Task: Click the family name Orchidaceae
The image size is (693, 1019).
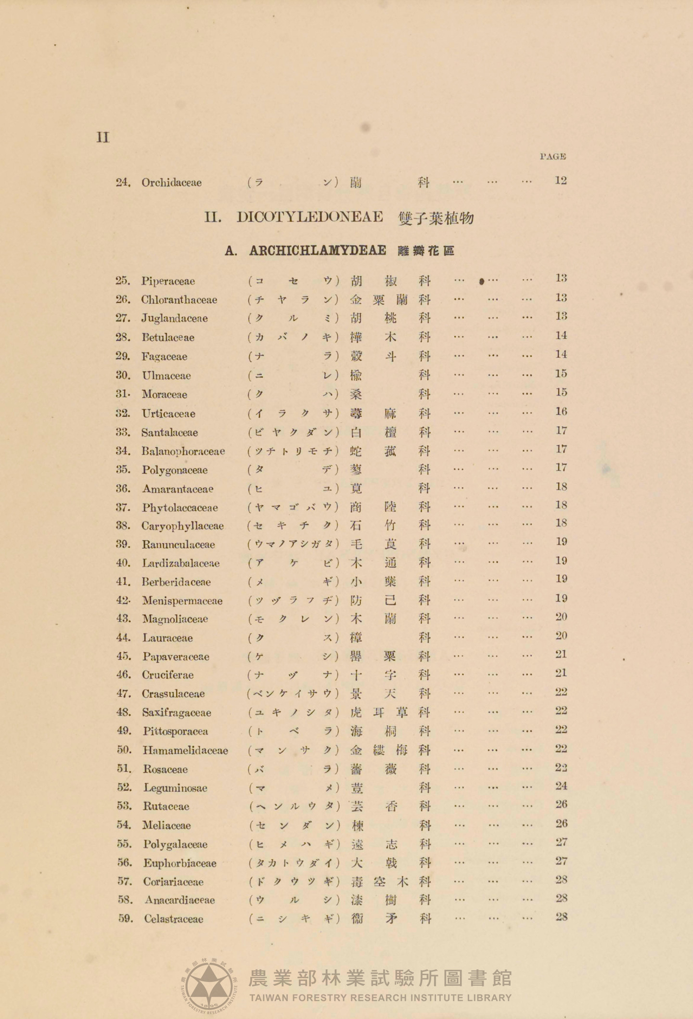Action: point(171,182)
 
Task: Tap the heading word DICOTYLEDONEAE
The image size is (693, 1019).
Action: point(309,217)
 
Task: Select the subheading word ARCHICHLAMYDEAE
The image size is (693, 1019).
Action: point(318,251)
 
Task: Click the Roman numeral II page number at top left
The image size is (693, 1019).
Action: point(103,138)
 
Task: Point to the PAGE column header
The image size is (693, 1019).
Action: point(552,156)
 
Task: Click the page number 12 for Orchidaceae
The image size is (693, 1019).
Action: point(561,181)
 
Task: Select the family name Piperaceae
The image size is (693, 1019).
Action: point(168,281)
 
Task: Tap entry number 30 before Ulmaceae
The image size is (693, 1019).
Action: point(123,375)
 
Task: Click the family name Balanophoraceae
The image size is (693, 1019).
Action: point(183,451)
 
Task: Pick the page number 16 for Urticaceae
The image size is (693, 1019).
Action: point(561,412)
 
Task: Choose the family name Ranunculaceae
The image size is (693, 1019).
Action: point(178,544)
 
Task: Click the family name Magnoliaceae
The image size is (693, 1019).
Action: point(175,619)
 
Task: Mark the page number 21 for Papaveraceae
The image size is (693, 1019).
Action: point(561,655)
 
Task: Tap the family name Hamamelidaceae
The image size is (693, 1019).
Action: point(185,750)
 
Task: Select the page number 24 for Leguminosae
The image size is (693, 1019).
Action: point(561,786)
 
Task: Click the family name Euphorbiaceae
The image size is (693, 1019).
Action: point(180,863)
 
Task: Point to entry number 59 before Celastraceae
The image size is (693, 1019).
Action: point(125,918)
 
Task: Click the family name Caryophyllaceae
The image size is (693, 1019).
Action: point(182,526)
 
